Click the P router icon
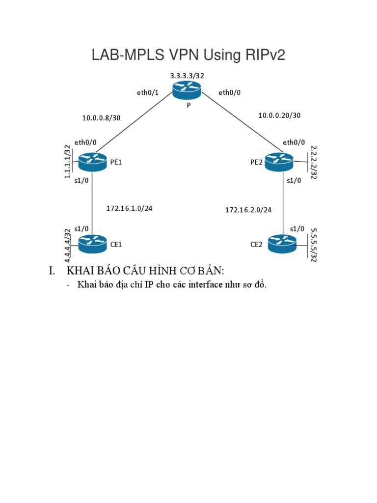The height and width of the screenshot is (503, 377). pos(187,90)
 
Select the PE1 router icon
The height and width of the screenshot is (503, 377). pos(92,161)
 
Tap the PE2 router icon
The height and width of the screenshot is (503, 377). pos(279,161)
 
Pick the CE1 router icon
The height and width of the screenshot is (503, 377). pos(92,244)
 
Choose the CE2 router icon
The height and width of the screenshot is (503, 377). pos(282,244)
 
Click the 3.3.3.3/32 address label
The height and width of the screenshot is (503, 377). pos(187,76)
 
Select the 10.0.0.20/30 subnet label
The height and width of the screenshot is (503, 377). pos(279,115)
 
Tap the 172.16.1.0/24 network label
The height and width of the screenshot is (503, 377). pos(129,208)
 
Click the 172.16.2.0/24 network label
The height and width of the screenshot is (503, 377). pos(248,210)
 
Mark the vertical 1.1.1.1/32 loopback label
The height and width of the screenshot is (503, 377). pos(68,162)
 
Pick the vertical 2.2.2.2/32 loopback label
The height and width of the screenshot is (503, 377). pos(314,162)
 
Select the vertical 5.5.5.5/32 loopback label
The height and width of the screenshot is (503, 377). pos(314,244)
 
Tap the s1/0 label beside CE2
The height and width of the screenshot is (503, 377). pos(297,229)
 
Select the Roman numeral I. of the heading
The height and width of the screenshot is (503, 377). pos(53,271)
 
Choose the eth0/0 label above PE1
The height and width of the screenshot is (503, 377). pos(85,142)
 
